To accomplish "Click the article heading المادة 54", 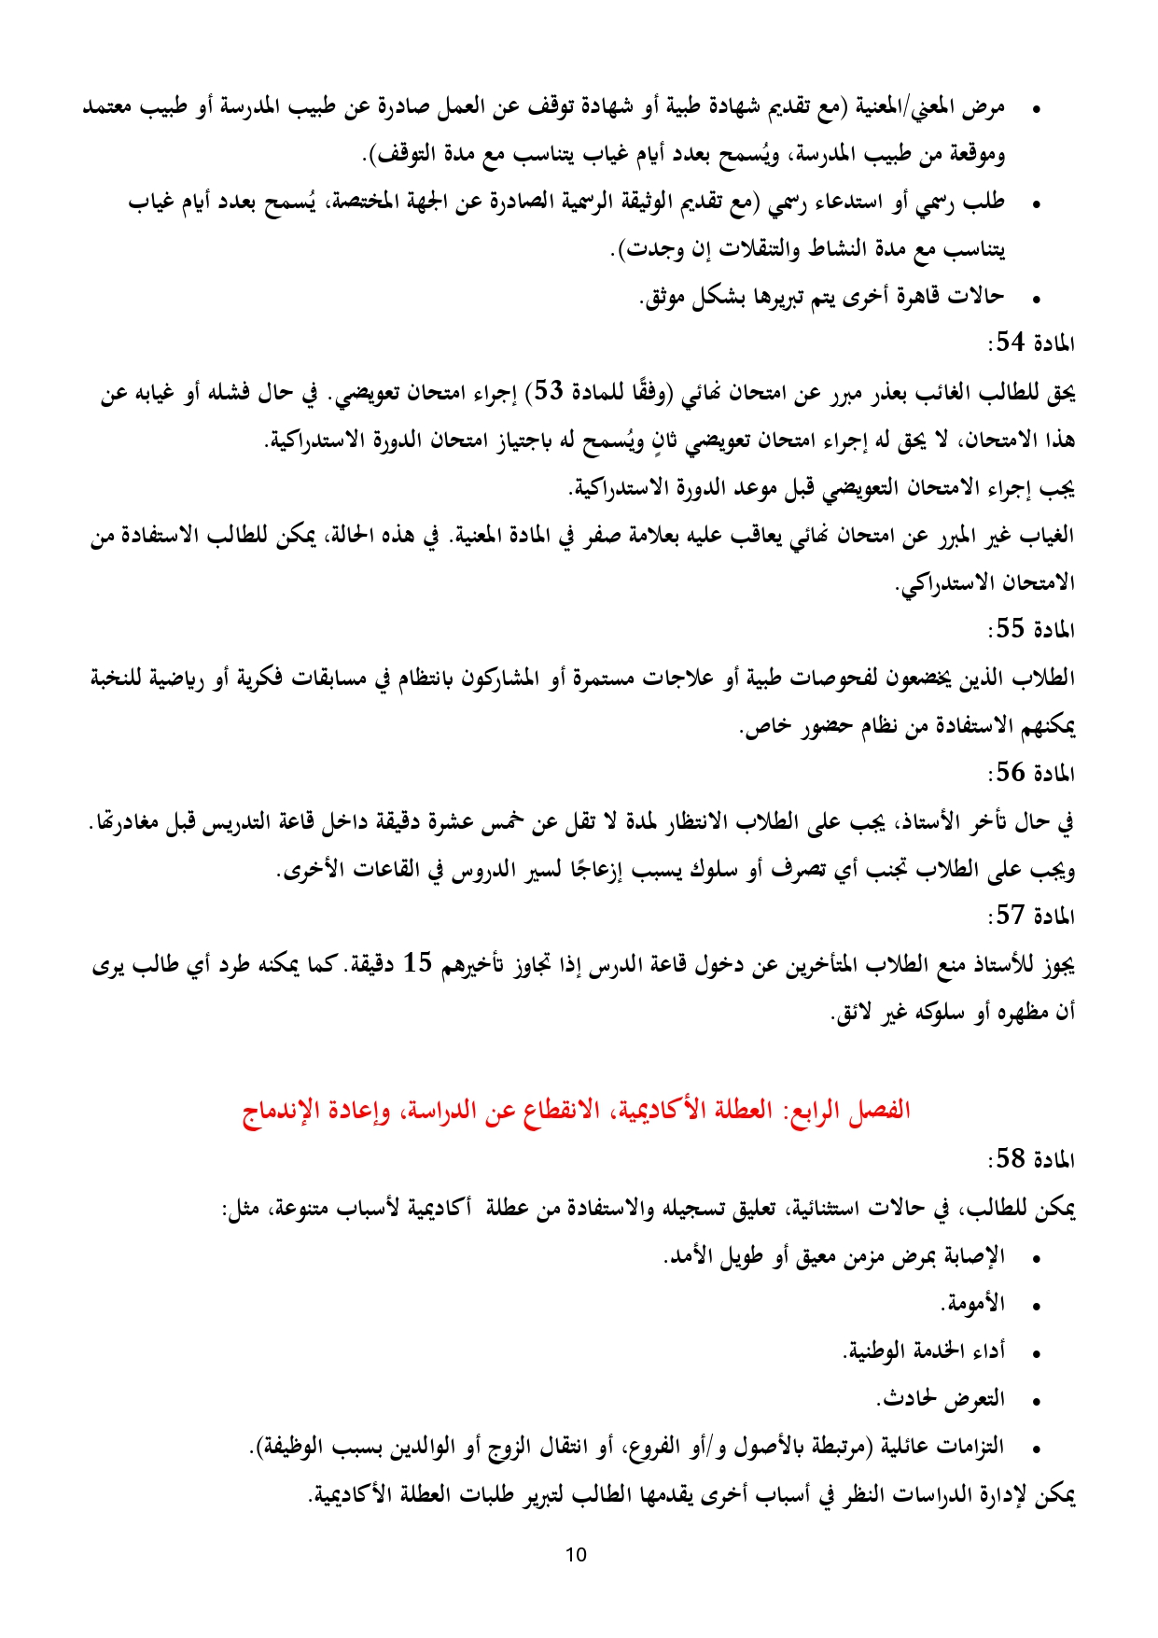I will [1031, 343].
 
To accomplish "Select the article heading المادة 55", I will [1031, 630].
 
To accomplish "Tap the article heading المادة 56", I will [1031, 774].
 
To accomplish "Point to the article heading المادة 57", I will [1031, 917].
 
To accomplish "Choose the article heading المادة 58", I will [1031, 1160].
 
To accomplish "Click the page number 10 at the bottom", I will [576, 1555].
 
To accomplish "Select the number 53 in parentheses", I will [547, 392].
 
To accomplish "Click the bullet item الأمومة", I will [975, 1304].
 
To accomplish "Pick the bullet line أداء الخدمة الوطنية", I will [924, 1351].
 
